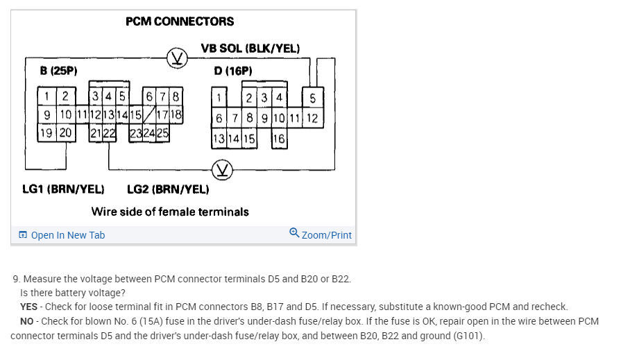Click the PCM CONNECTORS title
pyautogui.click(x=180, y=22)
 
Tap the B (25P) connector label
pyautogui.click(x=58, y=70)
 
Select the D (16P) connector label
pyautogui.click(x=233, y=71)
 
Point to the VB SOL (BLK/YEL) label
pyautogui.click(x=250, y=49)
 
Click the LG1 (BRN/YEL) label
pyautogui.click(x=63, y=189)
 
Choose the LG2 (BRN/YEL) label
pyautogui.click(x=168, y=189)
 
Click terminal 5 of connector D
pyautogui.click(x=312, y=98)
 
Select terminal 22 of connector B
pyautogui.click(x=110, y=133)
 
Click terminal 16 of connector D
pyautogui.click(x=278, y=139)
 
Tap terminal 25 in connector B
pyautogui.click(x=163, y=133)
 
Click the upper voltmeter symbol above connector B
pyautogui.click(x=178, y=57)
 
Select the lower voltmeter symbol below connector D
pyautogui.click(x=223, y=169)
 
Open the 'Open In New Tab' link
pyautogui.click(x=62, y=235)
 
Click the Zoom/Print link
pyautogui.click(x=321, y=235)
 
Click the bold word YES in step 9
pyautogui.click(x=28, y=307)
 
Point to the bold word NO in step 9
pyautogui.click(x=28, y=321)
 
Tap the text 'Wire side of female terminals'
pyautogui.click(x=170, y=212)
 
